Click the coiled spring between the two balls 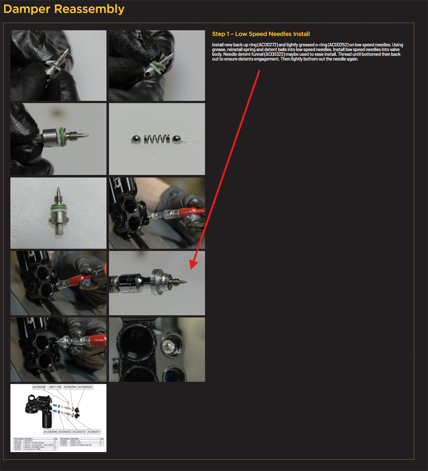click(156, 139)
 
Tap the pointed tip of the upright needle click(58, 191)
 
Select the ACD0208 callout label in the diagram click(39, 387)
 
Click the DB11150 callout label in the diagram click(55, 387)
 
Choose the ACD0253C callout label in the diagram click(85, 387)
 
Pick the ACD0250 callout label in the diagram click(50, 432)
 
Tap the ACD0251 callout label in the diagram click(94, 432)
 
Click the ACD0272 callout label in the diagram click(79, 432)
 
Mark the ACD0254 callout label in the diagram click(70, 387)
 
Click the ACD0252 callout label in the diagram click(65, 432)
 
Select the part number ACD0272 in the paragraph click(267, 45)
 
